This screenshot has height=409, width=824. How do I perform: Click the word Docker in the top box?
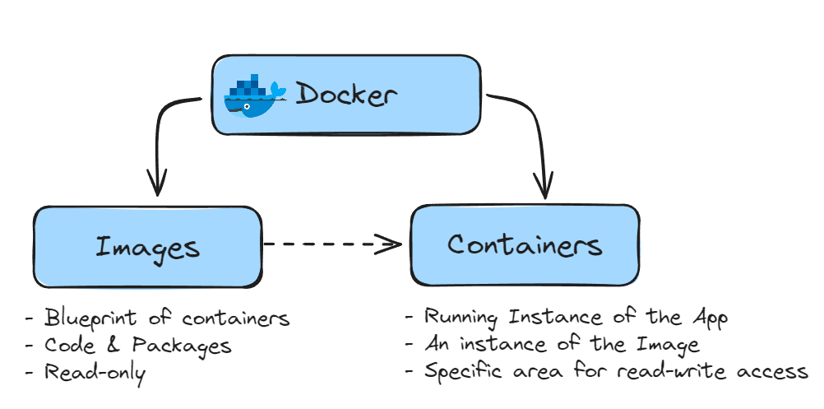(345, 95)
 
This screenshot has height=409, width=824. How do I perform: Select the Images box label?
(147, 246)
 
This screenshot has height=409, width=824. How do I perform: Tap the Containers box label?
(525, 244)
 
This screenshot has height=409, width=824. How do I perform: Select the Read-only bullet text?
(95, 373)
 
